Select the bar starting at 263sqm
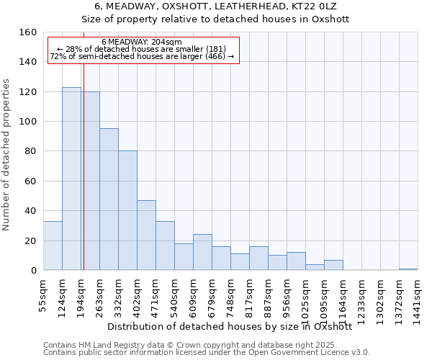point(109,199)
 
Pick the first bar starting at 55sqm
point(53,246)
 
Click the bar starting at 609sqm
point(202,252)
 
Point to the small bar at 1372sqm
point(408,269)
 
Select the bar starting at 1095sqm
point(333,265)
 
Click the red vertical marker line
point(84,166)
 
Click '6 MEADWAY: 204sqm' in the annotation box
point(142,42)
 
